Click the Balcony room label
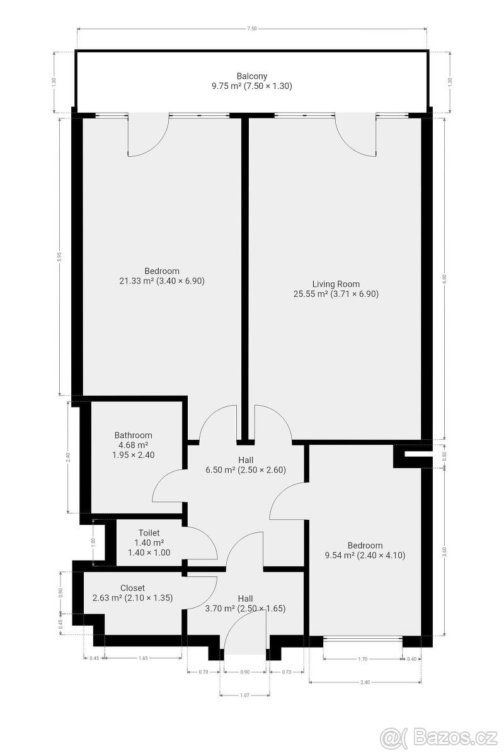(x=252, y=76)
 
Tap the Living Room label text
(x=336, y=283)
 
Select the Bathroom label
(x=133, y=435)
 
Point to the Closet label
(x=132, y=588)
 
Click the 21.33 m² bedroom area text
(x=162, y=281)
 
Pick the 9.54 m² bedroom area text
(x=365, y=556)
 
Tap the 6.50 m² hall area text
(x=246, y=469)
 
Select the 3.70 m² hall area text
(x=246, y=609)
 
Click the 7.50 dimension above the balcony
(x=252, y=28)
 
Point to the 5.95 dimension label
(x=59, y=256)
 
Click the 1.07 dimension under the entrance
(x=245, y=695)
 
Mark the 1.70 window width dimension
(x=362, y=660)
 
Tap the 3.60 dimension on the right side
(x=445, y=549)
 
